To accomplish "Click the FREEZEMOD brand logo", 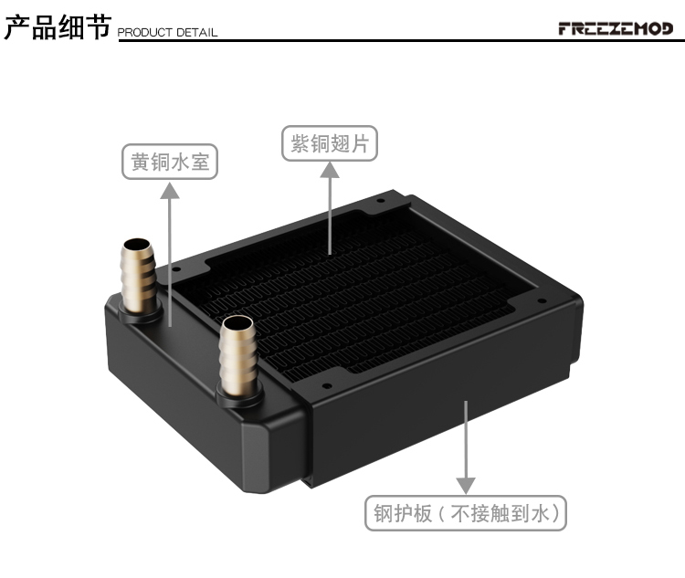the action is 616,29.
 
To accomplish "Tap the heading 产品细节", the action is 58,27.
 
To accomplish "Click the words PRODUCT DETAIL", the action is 167,32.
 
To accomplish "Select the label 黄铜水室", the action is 170,162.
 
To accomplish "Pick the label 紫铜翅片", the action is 330,143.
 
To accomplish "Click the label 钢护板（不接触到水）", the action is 466,513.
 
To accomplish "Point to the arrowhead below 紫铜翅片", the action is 330,171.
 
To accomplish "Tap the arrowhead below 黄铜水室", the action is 170,191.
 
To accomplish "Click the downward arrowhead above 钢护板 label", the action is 466,485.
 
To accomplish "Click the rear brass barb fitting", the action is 138,275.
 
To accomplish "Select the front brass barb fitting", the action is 238,355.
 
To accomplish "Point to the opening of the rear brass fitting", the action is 138,244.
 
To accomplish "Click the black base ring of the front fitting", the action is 240,395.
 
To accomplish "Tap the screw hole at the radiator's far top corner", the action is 381,201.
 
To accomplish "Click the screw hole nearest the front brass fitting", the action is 326,385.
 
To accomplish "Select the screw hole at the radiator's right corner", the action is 542,300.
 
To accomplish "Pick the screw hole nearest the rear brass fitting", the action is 176,269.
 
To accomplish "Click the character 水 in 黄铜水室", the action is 180,162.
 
